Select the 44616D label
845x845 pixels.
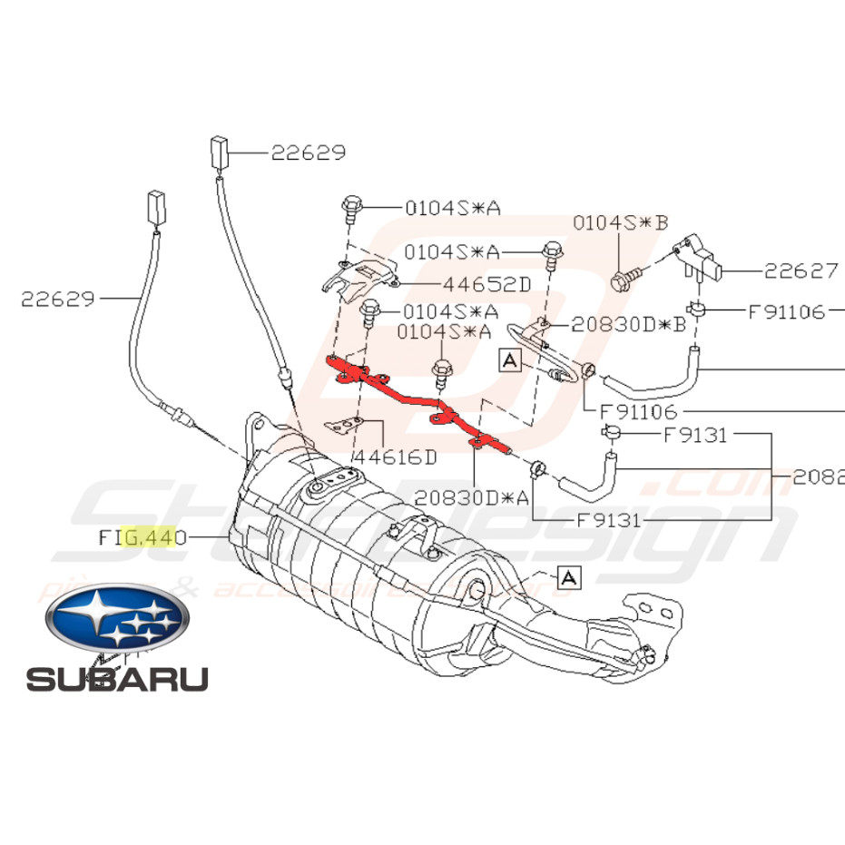(x=395, y=457)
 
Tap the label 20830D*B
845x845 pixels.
(x=628, y=324)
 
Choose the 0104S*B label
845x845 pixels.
(x=620, y=222)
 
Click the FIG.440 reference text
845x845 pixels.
(x=142, y=538)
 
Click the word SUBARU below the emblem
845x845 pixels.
(x=117, y=678)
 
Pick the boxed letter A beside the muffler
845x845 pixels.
(x=568, y=576)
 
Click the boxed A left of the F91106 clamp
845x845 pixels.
(x=509, y=361)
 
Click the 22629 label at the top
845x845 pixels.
(x=309, y=153)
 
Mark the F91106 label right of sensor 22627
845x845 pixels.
(x=787, y=312)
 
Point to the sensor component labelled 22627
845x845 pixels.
(x=700, y=258)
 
